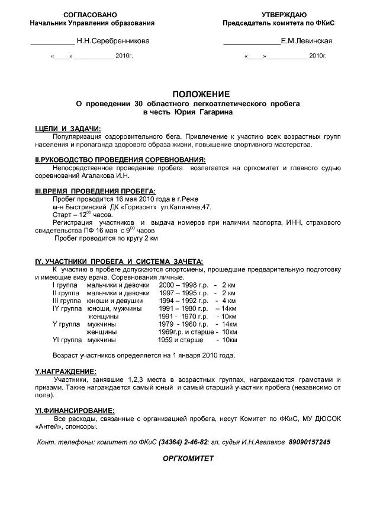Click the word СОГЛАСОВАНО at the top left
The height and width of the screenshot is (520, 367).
click(90, 14)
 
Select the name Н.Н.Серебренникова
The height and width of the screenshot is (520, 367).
click(113, 41)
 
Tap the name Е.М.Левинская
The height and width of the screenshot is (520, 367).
click(307, 41)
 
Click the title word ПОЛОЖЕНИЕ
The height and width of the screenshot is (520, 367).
click(201, 94)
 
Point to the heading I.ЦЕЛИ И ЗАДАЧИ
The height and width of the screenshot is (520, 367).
click(68, 129)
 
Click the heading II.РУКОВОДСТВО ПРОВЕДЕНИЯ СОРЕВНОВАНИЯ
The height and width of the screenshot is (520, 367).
click(121, 160)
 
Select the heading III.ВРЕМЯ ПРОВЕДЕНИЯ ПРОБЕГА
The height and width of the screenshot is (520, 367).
click(96, 192)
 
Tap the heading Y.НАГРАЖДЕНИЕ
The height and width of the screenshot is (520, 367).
click(66, 371)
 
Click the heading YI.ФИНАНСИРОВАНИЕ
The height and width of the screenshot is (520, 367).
click(75, 410)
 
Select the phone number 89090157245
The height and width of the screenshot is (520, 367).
click(310, 443)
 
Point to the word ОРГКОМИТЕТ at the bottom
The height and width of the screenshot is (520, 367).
click(188, 459)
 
